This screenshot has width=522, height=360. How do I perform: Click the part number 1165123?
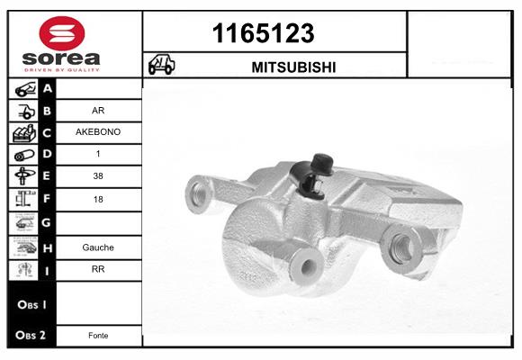[263, 34]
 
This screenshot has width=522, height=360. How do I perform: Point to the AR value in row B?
[98, 111]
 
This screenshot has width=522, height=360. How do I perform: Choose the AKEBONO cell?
[99, 131]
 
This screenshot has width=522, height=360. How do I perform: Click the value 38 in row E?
[98, 176]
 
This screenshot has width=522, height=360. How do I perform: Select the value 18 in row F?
[98, 198]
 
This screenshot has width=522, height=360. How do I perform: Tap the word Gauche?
[98, 247]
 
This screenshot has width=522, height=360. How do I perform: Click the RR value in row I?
[98, 268]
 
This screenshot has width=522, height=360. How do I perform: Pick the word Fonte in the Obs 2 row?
[98, 336]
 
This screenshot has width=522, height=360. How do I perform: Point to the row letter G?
[47, 221]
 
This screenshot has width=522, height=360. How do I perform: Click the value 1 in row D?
[98, 154]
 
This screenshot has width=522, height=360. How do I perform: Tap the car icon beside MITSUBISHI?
[161, 66]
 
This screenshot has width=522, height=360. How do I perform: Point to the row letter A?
[47, 88]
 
